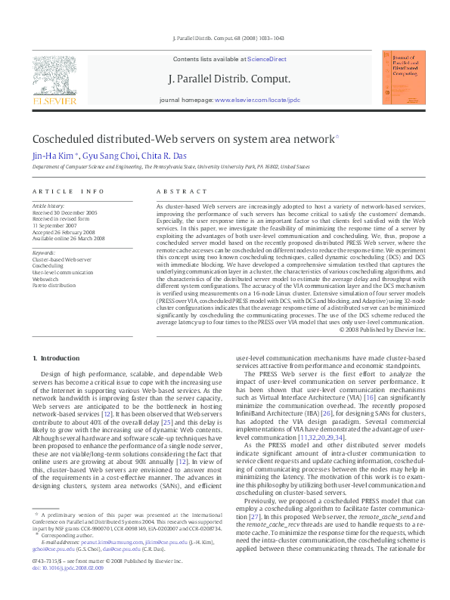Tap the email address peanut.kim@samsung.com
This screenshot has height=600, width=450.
84,563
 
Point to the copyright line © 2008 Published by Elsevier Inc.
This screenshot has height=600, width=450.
383,329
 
